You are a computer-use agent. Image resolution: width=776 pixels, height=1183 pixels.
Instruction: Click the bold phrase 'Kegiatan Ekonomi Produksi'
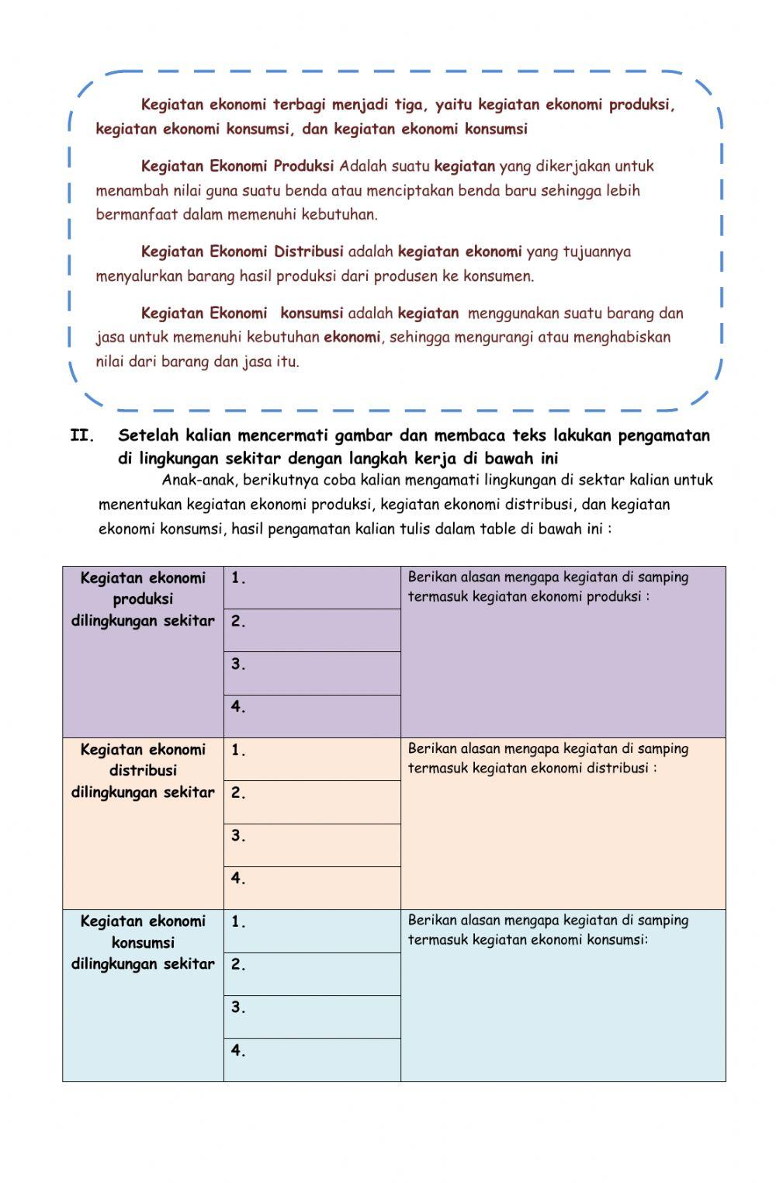pyautogui.click(x=237, y=166)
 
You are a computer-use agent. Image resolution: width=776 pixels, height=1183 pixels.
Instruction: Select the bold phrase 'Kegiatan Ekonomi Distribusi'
pyautogui.click(x=242, y=252)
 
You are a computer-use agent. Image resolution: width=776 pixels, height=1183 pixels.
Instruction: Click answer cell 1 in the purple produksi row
pyautogui.click(x=312, y=588)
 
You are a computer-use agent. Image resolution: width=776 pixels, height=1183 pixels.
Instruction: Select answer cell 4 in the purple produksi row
pyautogui.click(x=312, y=716)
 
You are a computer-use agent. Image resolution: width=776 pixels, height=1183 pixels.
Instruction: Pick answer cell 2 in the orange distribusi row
pyautogui.click(x=312, y=802)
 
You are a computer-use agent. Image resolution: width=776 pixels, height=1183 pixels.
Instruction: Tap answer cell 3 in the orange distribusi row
pyautogui.click(x=312, y=845)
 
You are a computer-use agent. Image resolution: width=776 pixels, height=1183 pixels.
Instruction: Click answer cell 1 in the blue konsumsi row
pyautogui.click(x=312, y=931)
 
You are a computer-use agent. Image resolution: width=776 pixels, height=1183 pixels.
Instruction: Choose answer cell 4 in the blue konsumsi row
pyautogui.click(x=312, y=1060)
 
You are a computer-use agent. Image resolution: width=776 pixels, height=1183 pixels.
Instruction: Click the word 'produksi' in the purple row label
pyautogui.click(x=143, y=599)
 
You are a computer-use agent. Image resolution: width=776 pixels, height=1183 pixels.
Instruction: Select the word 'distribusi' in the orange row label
pyautogui.click(x=143, y=771)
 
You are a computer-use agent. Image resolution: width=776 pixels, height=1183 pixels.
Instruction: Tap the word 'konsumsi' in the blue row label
pyautogui.click(x=143, y=942)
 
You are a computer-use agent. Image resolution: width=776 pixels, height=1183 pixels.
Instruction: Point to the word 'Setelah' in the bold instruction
pyautogui.click(x=149, y=435)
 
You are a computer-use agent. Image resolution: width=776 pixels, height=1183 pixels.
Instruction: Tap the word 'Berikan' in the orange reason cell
pyautogui.click(x=431, y=749)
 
